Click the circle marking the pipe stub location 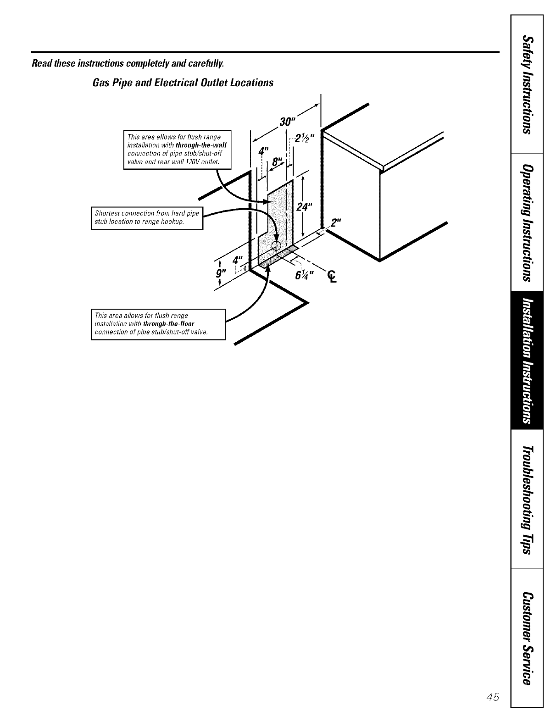point(276,245)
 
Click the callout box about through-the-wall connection point(178,150)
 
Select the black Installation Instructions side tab point(527,360)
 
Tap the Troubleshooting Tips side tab point(527,499)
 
